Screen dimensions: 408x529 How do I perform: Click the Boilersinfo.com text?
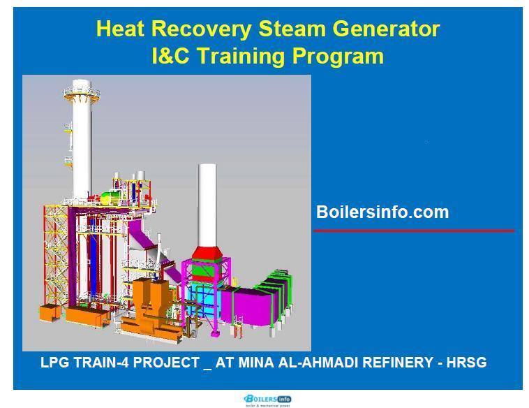[x=382, y=212]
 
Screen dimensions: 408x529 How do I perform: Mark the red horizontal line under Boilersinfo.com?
[x=414, y=231]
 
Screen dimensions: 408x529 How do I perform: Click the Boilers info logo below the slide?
[x=267, y=400]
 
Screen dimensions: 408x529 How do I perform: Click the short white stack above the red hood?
[x=207, y=203]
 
